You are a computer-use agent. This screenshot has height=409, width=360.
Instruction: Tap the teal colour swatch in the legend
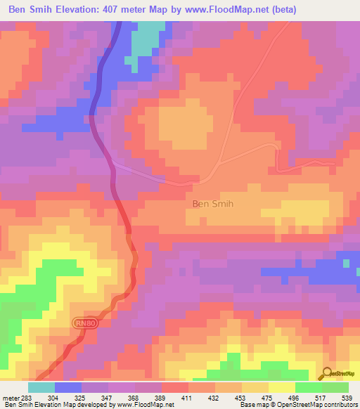click(41, 387)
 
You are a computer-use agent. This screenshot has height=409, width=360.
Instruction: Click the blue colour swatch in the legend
click(68, 387)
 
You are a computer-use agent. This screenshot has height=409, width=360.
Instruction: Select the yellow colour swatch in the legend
click(282, 387)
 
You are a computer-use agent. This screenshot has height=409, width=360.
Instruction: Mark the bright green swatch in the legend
click(309, 387)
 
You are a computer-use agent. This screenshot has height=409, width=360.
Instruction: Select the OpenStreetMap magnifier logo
click(327, 373)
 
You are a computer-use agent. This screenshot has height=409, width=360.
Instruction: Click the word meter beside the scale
click(11, 398)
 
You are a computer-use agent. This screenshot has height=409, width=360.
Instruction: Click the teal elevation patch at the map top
click(145, 39)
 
